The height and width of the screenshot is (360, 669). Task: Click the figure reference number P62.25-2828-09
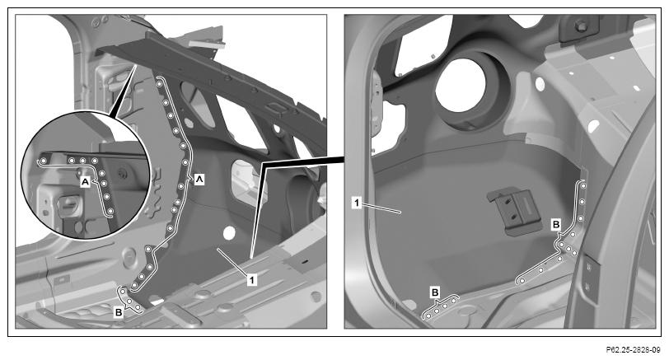pyautogui.click(x=633, y=350)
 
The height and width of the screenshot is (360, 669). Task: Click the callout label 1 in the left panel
pyautogui.click(x=252, y=280)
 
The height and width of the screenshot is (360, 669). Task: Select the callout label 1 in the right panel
pyautogui.click(x=357, y=203)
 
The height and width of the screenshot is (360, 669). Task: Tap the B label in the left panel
pyautogui.click(x=119, y=312)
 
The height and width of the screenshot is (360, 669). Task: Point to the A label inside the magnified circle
pyautogui.click(x=86, y=182)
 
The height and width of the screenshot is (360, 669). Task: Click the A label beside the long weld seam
pyautogui.click(x=199, y=180)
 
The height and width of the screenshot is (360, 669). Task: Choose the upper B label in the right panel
pyautogui.click(x=556, y=224)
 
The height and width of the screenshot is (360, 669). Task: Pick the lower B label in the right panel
pyautogui.click(x=435, y=292)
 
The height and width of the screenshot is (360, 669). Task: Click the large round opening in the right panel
pyautogui.click(x=461, y=85)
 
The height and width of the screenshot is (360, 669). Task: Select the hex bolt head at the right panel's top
pyautogui.click(x=580, y=26)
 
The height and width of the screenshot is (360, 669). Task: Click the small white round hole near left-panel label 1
pyautogui.click(x=229, y=233)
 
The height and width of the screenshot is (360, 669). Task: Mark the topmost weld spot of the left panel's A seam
pyautogui.click(x=159, y=85)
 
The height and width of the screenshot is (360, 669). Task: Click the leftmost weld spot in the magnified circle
pyautogui.click(x=43, y=161)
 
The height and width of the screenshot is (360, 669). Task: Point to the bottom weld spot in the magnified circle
pyautogui.click(x=110, y=212)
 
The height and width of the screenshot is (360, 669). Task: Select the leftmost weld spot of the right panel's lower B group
pyautogui.click(x=428, y=316)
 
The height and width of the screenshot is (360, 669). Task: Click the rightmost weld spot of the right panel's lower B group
pyautogui.click(x=453, y=301)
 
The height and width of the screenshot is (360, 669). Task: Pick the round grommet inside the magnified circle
pyautogui.click(x=124, y=173)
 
